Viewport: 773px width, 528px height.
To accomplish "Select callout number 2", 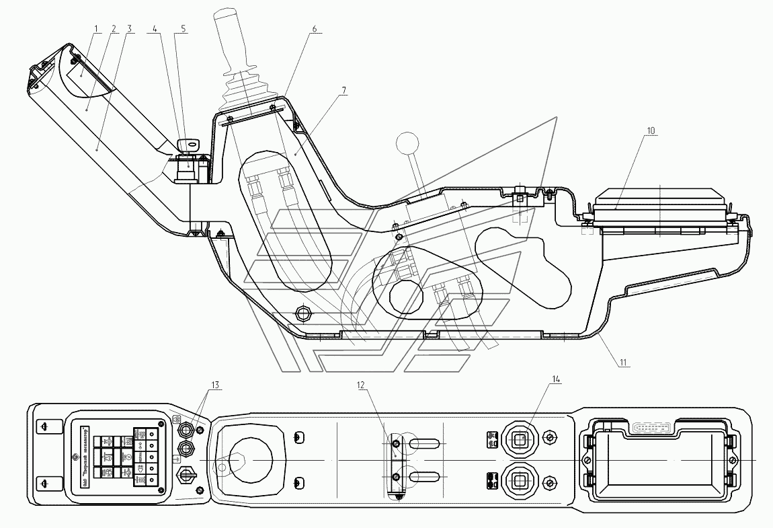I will click(x=113, y=29).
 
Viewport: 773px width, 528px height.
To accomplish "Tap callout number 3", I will click(x=129, y=29).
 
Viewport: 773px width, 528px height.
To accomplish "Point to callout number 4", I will click(x=155, y=29).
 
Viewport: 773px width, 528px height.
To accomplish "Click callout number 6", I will click(x=314, y=29).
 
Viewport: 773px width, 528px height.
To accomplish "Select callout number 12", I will click(x=361, y=385).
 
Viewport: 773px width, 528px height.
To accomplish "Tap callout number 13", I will click(x=214, y=385).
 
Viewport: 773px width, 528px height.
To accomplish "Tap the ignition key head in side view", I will click(x=189, y=143).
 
